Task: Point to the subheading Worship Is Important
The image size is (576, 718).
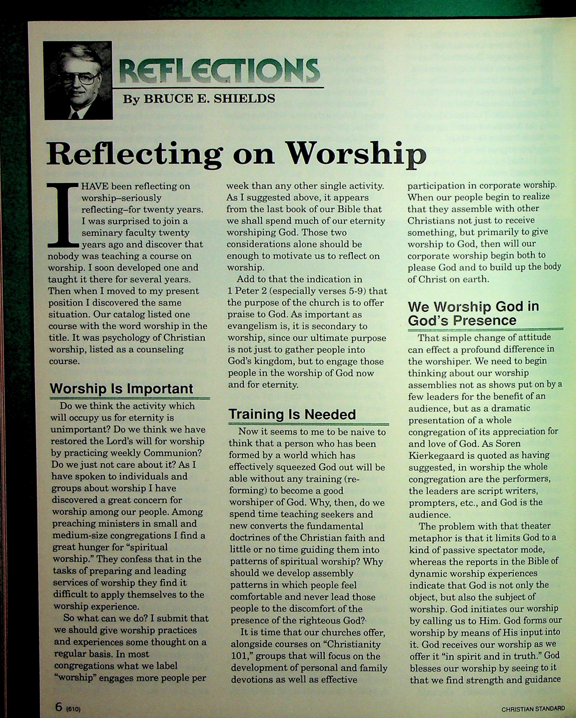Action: [121, 389]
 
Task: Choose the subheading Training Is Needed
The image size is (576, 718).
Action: [292, 415]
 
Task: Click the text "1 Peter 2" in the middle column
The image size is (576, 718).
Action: [247, 291]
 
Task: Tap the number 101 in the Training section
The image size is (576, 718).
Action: [238, 656]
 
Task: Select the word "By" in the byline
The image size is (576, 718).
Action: [131, 99]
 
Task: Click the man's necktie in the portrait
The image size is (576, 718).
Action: [75, 115]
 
